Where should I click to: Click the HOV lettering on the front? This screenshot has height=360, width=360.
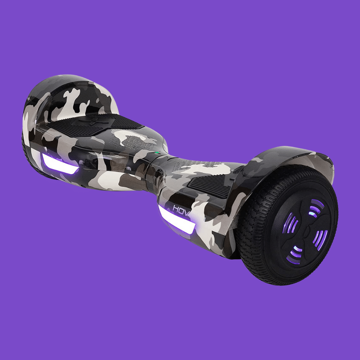(x=180, y=208)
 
